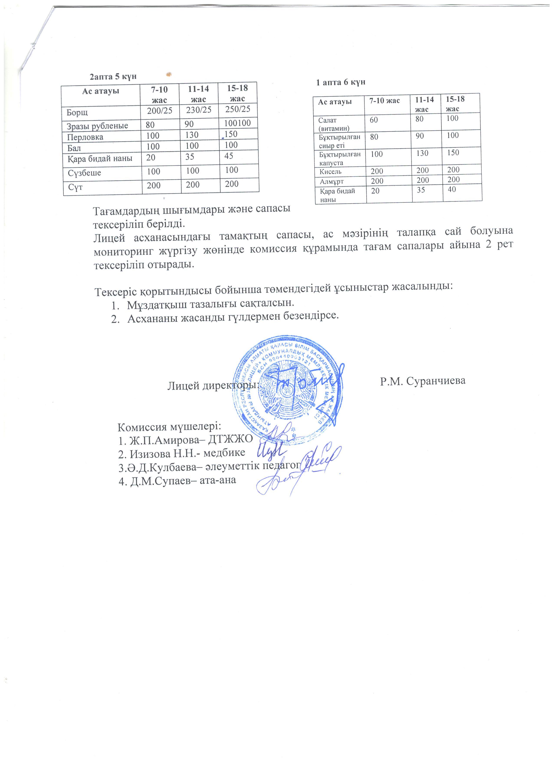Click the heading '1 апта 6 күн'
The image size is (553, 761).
click(x=340, y=82)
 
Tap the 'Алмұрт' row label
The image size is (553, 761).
click(x=331, y=182)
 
